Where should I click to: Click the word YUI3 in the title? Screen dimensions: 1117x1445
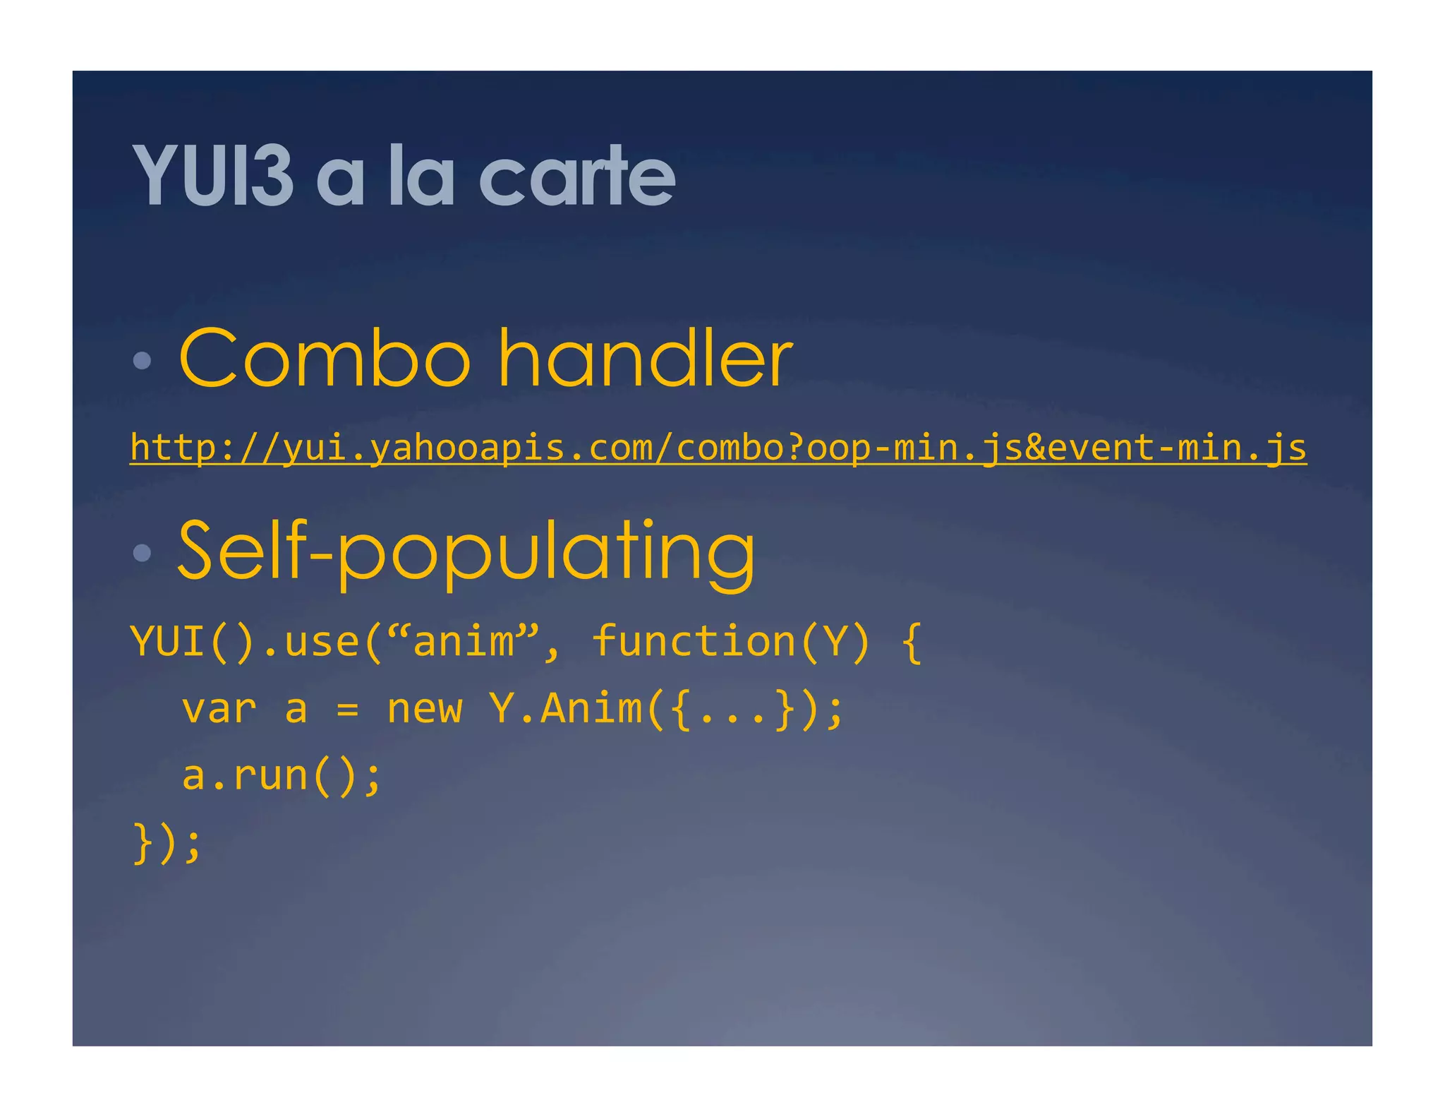212,175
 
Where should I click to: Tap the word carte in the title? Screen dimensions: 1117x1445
576,175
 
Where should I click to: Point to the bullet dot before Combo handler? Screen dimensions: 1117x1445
142,361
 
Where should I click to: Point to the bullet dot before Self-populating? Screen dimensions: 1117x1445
142,552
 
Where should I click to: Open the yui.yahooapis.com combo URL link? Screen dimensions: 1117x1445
718,448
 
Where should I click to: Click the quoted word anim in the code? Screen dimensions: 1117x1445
464,642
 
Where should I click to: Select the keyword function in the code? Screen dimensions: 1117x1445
694,642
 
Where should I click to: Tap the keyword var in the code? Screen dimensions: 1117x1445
219,708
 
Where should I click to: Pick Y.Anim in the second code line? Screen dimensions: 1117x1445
565,708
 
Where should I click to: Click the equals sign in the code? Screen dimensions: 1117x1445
347,710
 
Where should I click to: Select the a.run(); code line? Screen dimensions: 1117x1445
282,775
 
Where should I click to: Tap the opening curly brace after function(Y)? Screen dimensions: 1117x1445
912,642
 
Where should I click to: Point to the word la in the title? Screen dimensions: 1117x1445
421,175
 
